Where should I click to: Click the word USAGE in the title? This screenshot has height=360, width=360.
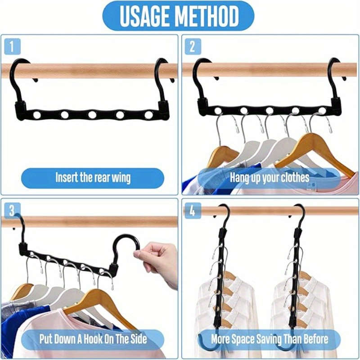pyautogui.click(x=145, y=16)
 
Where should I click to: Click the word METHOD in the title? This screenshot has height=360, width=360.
pyautogui.click(x=209, y=16)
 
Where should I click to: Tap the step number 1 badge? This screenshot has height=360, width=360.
pyautogui.click(x=13, y=46)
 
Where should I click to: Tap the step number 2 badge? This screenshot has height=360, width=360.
pyautogui.click(x=193, y=46)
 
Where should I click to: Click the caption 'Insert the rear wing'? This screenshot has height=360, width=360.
pyautogui.click(x=93, y=177)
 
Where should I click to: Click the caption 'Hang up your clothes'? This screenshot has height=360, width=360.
pyautogui.click(x=270, y=177)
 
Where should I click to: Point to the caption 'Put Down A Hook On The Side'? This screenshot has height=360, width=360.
pyautogui.click(x=92, y=338)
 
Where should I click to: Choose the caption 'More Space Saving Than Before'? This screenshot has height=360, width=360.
pyautogui.click(x=270, y=338)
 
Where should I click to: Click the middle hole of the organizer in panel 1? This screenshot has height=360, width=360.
pyautogui.click(x=92, y=115)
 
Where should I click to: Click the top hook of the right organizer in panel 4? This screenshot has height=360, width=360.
pyautogui.click(x=299, y=216)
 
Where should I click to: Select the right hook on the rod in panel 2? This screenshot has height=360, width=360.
pyautogui.click(x=335, y=76)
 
